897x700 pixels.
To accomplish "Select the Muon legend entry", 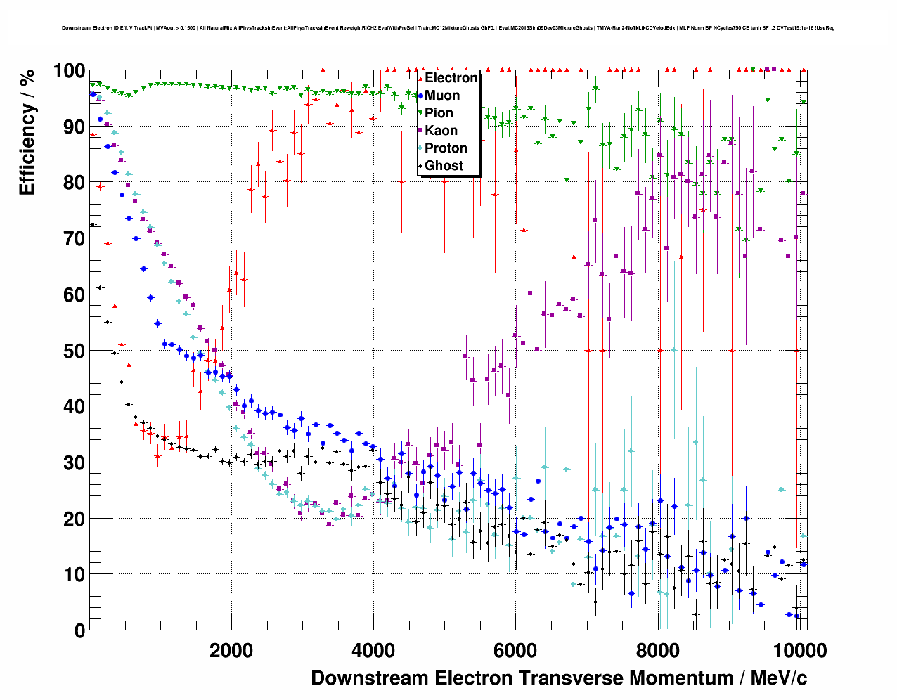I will point(442,96).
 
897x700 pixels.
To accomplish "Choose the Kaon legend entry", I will point(441,131).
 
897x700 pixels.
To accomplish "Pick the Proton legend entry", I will point(446,148).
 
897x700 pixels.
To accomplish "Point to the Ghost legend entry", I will point(444,166).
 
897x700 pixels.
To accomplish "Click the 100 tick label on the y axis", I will point(69,71).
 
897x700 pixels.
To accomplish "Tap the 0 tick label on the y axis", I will point(79,631).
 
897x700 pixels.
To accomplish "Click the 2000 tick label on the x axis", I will point(231,651).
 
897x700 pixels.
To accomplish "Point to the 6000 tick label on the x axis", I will point(515,651).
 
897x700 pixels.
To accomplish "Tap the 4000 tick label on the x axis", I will point(373,651).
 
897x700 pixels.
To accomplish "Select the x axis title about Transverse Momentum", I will point(559,678).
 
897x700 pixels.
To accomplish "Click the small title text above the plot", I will point(448,28).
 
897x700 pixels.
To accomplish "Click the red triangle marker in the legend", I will point(420,78).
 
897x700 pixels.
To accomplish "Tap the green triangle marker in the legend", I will point(420,113).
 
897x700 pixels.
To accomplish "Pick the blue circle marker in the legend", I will point(420,96).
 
